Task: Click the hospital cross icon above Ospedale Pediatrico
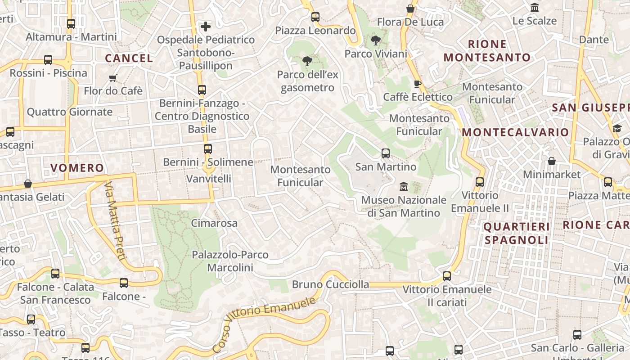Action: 206,27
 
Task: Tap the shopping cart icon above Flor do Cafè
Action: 113,78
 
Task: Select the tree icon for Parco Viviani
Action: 375,41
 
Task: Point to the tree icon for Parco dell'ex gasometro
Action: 307,61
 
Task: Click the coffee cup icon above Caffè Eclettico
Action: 417,84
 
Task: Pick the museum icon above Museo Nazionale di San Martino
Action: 403,186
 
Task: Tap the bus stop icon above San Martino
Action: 386,153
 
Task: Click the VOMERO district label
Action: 77,168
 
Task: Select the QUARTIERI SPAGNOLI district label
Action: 517,233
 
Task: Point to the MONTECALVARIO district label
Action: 515,132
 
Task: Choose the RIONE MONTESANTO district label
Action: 487,51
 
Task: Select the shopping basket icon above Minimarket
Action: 551,161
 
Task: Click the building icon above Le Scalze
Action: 535,8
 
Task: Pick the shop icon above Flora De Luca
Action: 410,9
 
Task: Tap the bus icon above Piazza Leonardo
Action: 315,17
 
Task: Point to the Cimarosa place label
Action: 214,223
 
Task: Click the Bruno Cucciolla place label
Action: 330,284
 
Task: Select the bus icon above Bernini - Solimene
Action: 207,149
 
